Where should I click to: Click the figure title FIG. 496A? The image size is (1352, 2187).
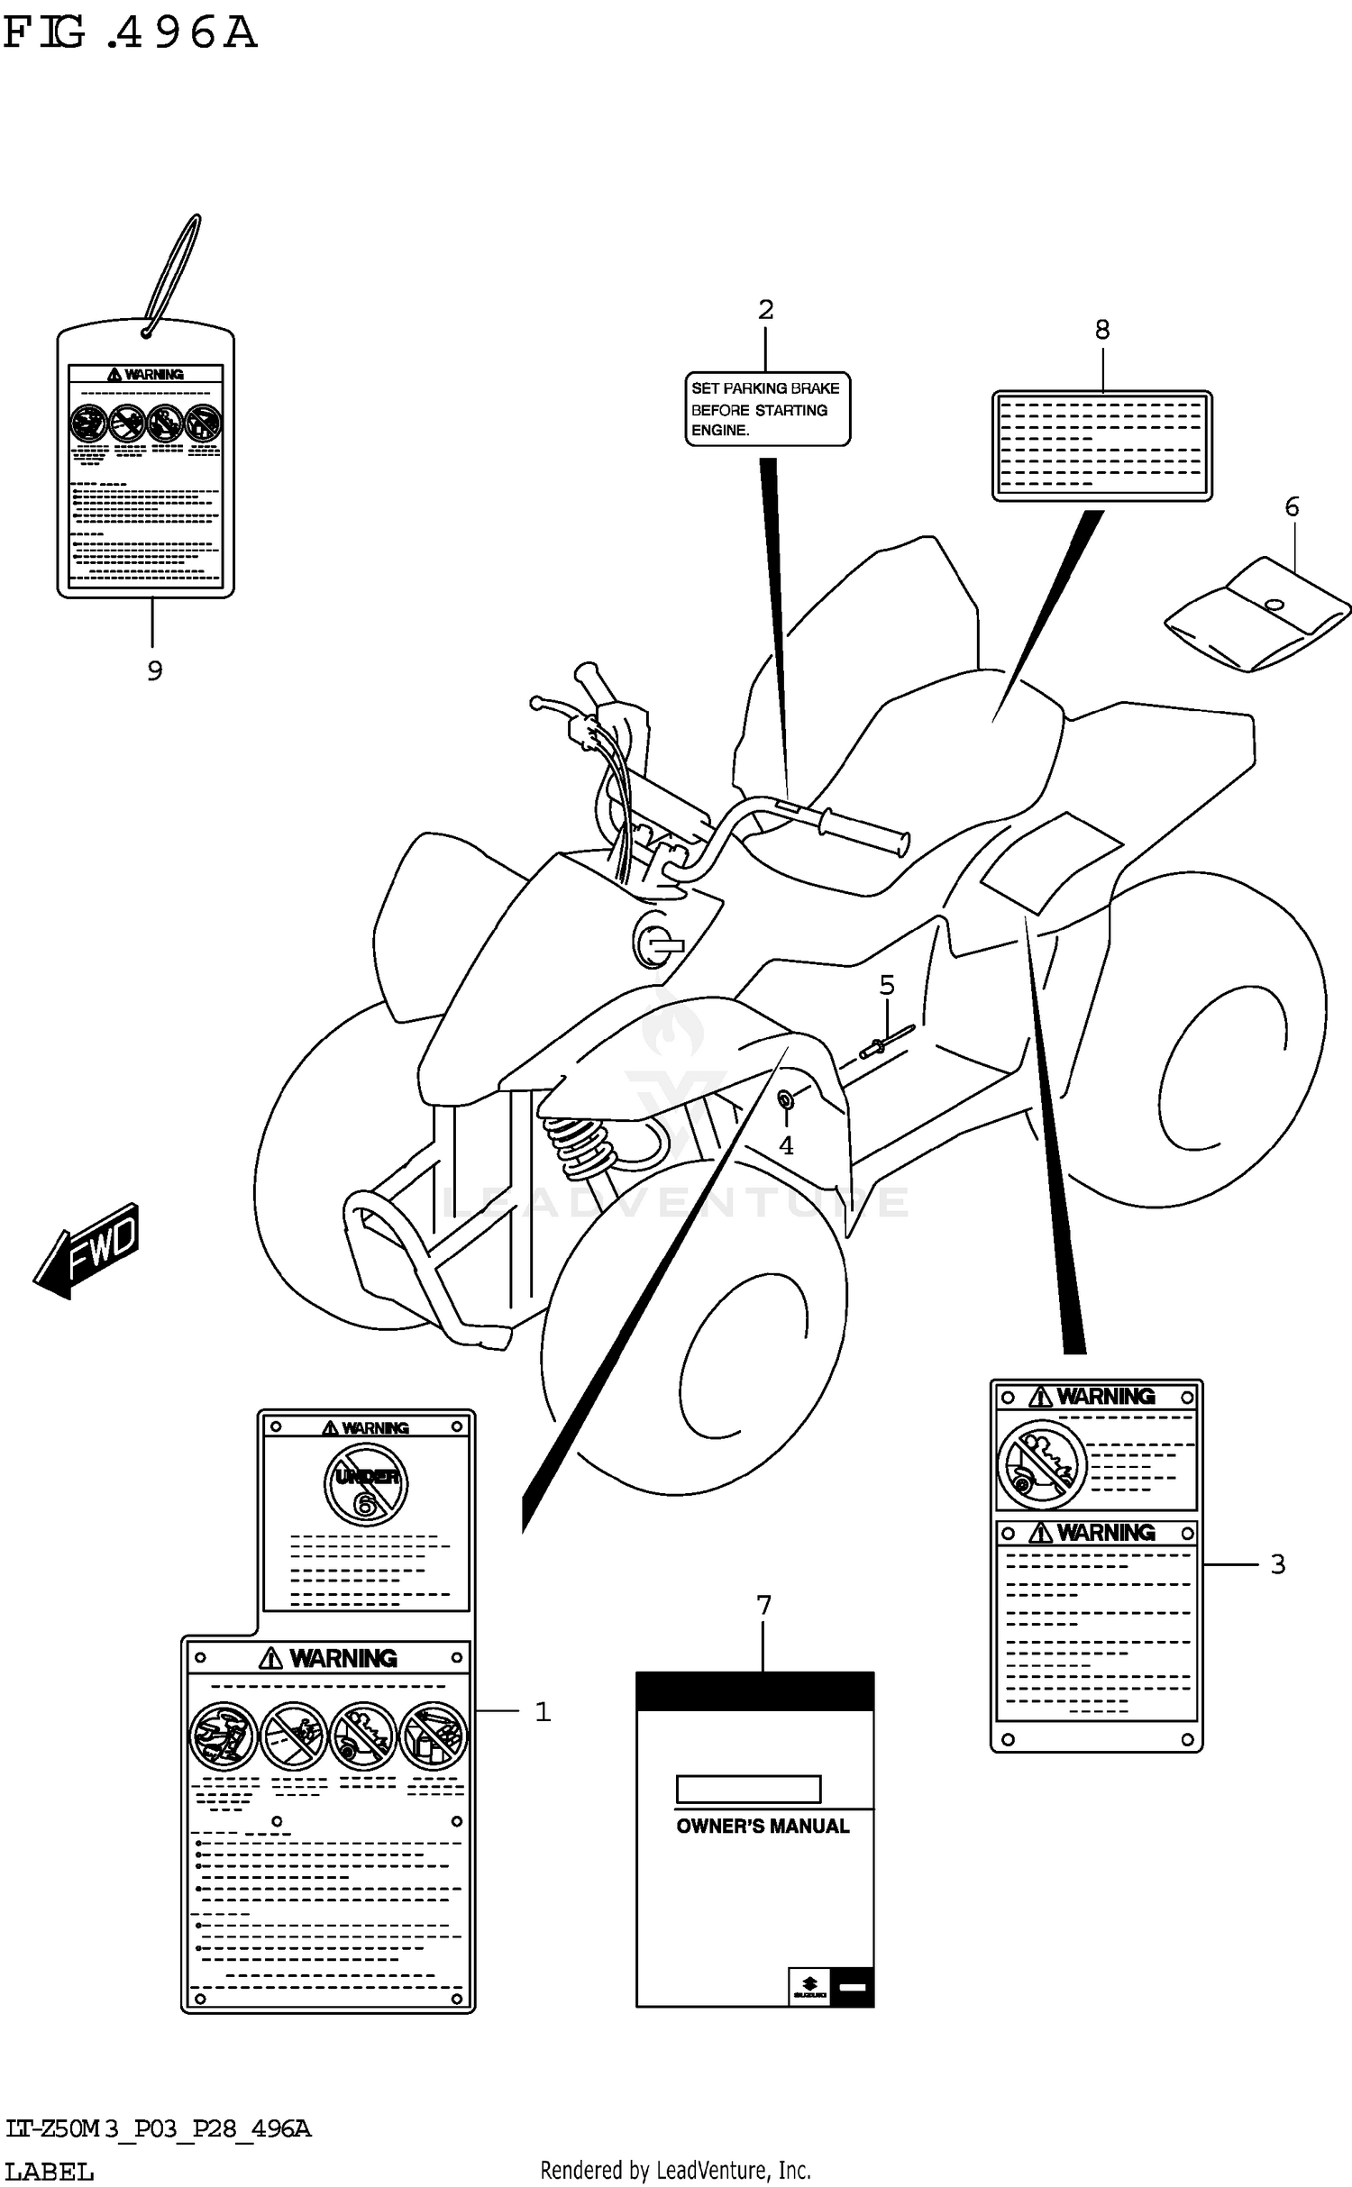(130, 33)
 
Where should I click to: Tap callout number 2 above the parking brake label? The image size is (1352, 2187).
(765, 310)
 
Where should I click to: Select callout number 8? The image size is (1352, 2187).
(1102, 330)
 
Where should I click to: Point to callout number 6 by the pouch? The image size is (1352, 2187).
(1292, 506)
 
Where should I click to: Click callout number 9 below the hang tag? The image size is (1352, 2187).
(154, 670)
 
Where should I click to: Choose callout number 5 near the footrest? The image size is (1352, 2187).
(887, 985)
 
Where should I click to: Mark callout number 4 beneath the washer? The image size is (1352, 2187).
(786, 1145)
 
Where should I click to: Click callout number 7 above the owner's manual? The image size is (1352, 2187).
(763, 1605)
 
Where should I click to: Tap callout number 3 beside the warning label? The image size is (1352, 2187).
(1277, 1563)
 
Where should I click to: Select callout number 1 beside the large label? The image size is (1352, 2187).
(543, 1711)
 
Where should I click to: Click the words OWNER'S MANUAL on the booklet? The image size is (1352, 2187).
(763, 1826)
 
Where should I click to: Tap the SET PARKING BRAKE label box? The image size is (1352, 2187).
(767, 409)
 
